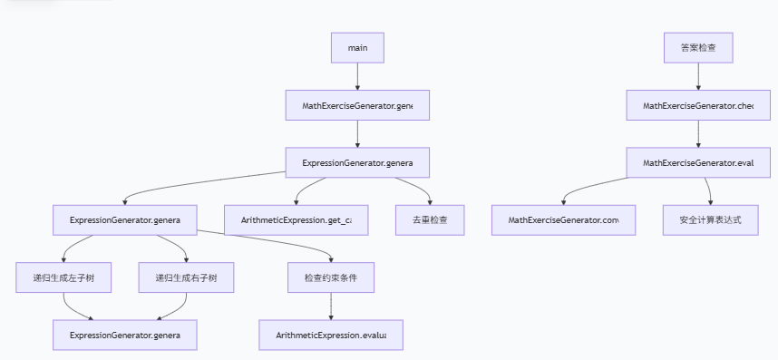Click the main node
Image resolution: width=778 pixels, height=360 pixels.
pos(357,48)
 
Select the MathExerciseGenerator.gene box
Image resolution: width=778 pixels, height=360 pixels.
pos(357,105)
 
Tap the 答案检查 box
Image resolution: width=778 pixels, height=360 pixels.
pos(697,48)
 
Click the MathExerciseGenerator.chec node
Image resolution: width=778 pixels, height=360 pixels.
pos(697,105)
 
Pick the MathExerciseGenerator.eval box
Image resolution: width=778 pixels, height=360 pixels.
pos(697,162)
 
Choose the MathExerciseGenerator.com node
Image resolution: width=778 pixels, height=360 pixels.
pos(562,220)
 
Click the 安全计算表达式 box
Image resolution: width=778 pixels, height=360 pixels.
pos(709,220)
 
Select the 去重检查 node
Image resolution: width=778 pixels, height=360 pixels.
pos(430,220)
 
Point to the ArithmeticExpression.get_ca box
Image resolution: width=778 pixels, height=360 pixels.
pos(297,220)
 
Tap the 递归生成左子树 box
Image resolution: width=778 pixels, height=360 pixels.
pos(63,277)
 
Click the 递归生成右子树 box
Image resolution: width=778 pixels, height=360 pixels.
pos(186,277)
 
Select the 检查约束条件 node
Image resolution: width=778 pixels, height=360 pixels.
pos(331,277)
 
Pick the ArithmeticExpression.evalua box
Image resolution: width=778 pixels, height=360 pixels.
pos(331,335)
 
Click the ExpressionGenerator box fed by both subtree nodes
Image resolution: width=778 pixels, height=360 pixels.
pos(125,335)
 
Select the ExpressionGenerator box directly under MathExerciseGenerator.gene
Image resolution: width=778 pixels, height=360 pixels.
pos(357,162)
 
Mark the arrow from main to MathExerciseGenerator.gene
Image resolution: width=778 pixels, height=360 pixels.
pos(357,77)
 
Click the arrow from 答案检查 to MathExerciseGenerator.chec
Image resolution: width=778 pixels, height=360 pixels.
pos(697,77)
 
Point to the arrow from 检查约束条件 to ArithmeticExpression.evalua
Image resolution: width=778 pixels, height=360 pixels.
pos(331,306)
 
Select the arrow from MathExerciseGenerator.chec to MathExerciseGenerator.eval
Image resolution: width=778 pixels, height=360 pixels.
pos(697,134)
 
